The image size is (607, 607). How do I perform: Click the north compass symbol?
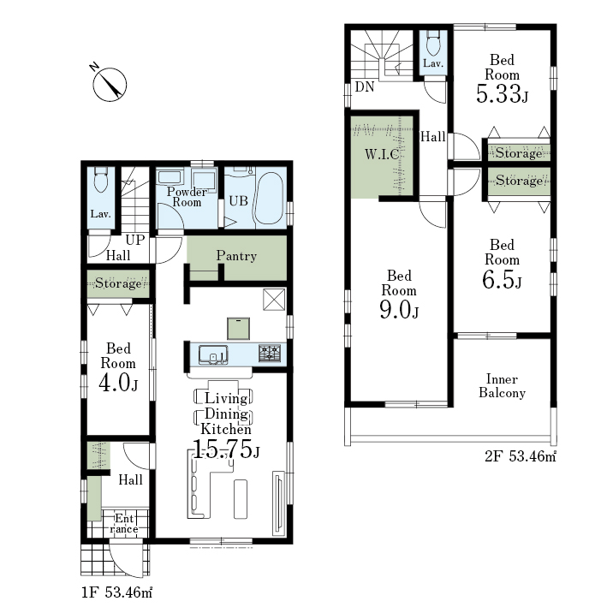[x=110, y=85]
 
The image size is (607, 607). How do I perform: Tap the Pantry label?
[x=236, y=255]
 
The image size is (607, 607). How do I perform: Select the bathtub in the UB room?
[x=269, y=199]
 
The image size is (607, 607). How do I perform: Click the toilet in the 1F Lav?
[x=101, y=179]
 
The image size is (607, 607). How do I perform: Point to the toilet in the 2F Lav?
[x=433, y=43]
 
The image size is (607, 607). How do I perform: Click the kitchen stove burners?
[x=270, y=354]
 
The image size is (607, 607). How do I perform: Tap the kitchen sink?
[x=213, y=354]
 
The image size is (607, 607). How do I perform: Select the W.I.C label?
[x=382, y=154]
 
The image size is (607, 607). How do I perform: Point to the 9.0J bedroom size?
[x=399, y=310]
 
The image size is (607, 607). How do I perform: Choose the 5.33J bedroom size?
[x=502, y=93]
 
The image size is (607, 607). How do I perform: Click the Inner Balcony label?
[x=502, y=385]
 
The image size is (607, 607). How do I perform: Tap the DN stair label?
[x=365, y=86]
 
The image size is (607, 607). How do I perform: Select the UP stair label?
[x=135, y=240]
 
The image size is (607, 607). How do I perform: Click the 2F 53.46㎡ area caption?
[x=521, y=456]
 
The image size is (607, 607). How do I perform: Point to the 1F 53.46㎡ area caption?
[x=116, y=592]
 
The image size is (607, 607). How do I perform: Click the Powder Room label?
[x=187, y=197]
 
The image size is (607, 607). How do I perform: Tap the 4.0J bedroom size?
[x=118, y=383]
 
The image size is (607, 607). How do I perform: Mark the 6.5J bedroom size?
[x=502, y=279]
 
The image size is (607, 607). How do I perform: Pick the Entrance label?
[x=124, y=524]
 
